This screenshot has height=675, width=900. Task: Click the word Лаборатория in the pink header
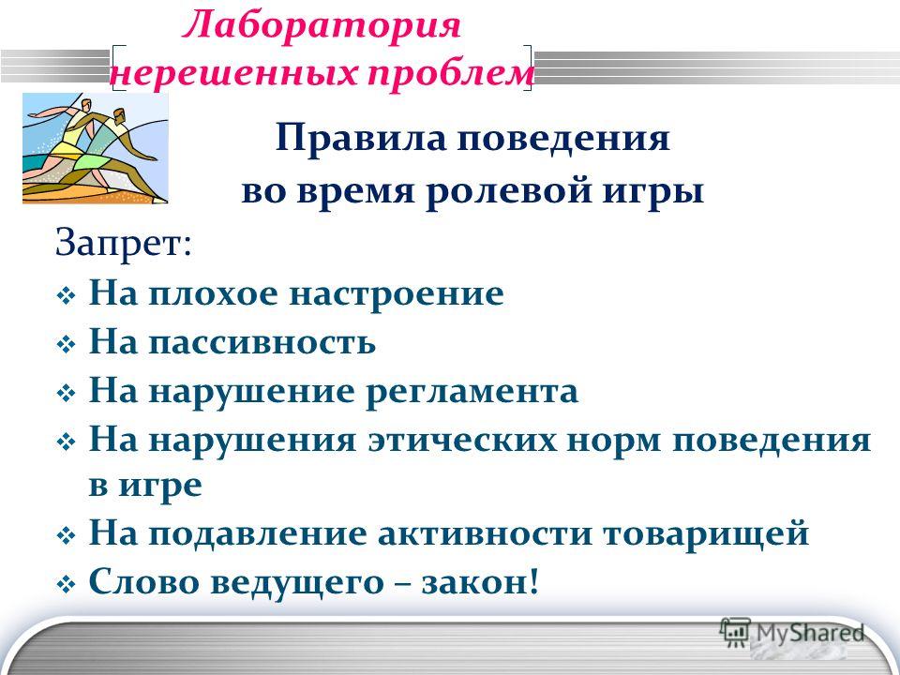322,26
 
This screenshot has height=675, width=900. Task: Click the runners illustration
96,148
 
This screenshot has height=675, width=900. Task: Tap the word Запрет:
124,244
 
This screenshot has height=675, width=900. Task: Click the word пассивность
262,342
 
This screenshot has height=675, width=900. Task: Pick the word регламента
472,393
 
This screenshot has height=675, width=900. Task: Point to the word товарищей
705,533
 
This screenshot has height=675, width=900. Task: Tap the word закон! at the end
480,582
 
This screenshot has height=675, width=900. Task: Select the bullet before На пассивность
67,345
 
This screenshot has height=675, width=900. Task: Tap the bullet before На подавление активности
67,536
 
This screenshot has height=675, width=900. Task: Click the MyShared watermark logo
792,634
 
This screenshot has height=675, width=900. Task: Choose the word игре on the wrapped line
160,487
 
